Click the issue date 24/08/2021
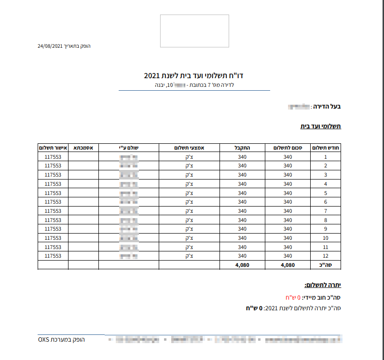(50, 46)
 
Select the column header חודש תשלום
(326, 148)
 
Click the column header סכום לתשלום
(288, 148)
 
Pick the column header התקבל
(242, 148)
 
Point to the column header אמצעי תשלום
(189, 148)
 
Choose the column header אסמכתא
(83, 148)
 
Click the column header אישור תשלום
(53, 148)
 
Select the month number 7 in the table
(326, 211)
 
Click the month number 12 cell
(326, 256)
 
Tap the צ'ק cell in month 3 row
(189, 175)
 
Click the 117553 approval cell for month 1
(53, 157)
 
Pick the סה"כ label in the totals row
(326, 265)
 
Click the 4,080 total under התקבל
(242, 265)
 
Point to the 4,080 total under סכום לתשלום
(288, 265)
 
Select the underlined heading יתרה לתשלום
(323, 286)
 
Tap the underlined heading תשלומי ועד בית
(321, 126)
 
